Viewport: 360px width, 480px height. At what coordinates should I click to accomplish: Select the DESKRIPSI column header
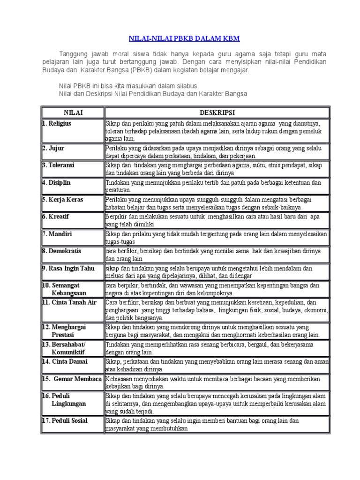(217, 112)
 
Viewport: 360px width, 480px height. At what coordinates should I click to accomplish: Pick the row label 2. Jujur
(54, 148)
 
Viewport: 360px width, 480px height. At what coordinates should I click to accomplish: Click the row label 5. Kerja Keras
(63, 199)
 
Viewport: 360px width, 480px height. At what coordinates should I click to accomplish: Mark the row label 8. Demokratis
(62, 251)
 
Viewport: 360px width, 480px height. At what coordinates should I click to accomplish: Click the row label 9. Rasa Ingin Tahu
(69, 268)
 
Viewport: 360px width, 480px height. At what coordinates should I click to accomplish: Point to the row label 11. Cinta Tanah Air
(70, 302)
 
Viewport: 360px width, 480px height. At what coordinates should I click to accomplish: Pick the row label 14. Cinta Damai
(67, 361)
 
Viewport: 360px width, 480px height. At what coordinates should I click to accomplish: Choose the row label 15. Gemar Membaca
(72, 378)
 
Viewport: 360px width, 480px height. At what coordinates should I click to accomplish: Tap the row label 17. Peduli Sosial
(66, 420)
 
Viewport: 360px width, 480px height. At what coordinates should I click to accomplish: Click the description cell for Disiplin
(217, 187)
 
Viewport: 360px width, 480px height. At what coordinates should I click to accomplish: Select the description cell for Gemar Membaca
(217, 382)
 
